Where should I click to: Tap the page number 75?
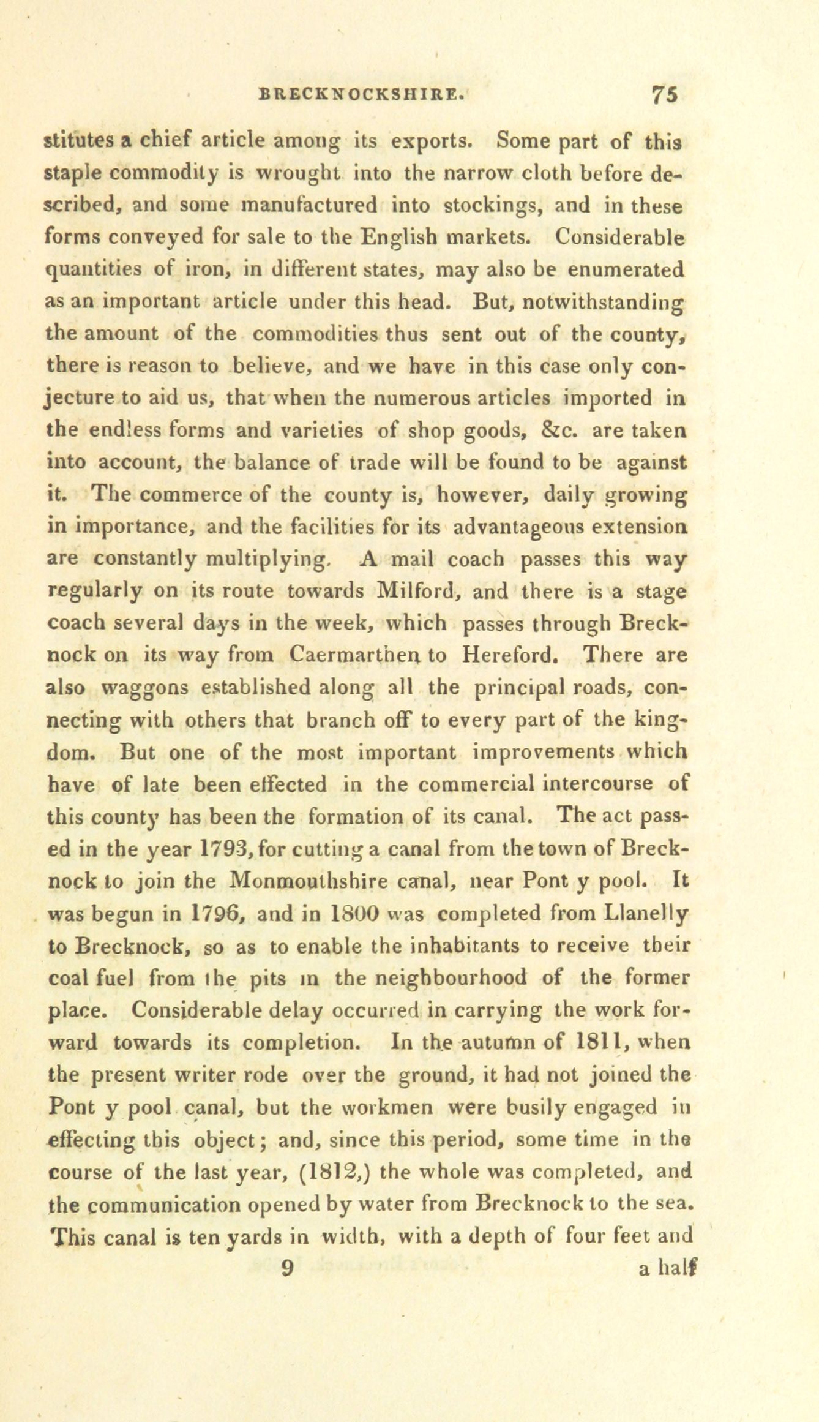pyautogui.click(x=664, y=96)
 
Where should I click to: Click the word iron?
pyautogui.click(x=203, y=269)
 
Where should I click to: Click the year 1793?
pyautogui.click(x=223, y=849)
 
